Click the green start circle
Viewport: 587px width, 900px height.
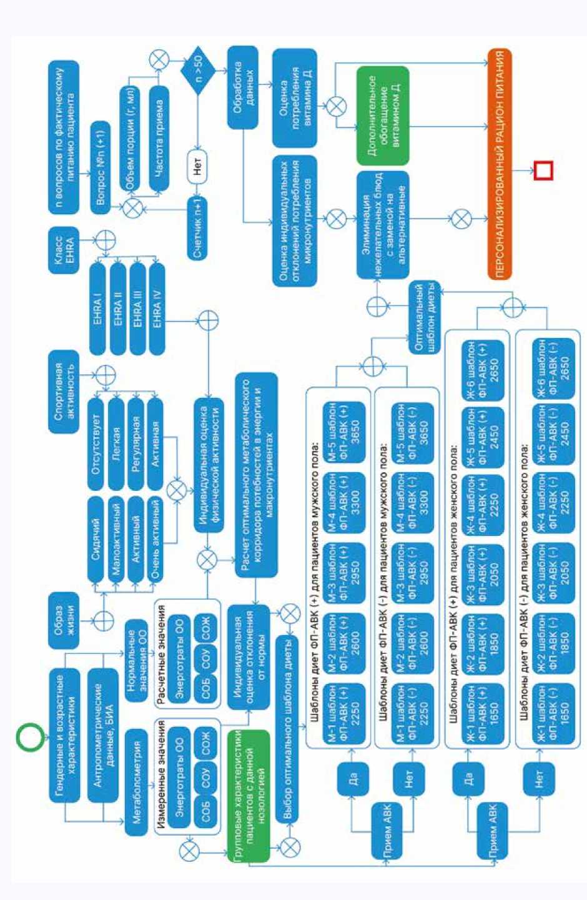pyautogui.click(x=29, y=737)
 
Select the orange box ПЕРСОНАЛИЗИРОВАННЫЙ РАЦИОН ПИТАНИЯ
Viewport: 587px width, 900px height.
pyautogui.click(x=500, y=164)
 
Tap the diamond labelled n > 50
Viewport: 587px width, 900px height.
pyautogui.click(x=198, y=71)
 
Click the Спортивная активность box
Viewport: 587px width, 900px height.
pyautogui.click(x=64, y=392)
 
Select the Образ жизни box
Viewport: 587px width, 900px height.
pyautogui.click(x=64, y=620)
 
